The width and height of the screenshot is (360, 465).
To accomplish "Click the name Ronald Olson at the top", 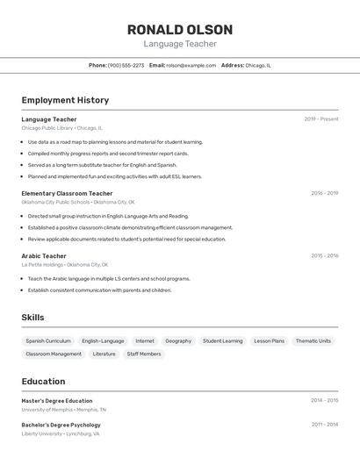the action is coord(180,30).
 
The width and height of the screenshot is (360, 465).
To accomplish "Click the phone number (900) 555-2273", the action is coord(126,65).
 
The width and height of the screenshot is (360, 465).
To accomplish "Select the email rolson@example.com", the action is coord(191,65).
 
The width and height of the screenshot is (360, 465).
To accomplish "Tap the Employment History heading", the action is coord(65,100).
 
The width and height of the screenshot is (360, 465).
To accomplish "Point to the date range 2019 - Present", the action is coord(321,119).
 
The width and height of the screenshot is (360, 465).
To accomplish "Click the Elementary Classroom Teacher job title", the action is coord(67,193).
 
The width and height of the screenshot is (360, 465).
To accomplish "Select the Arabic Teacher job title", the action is coord(44,256).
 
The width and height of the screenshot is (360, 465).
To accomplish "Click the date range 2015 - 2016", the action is coord(324,256).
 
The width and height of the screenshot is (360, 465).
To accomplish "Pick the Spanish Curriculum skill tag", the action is coord(48,340).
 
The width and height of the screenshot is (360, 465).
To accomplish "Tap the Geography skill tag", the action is coord(178,340).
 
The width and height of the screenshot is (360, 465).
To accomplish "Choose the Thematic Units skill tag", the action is coord(313,340).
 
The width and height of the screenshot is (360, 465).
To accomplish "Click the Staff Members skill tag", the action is coord(144,354).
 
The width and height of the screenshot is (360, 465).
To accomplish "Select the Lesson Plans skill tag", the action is coord(270,340).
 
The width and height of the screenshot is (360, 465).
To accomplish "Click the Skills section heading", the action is coord(32,318).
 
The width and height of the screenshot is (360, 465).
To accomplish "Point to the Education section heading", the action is coord(43,382).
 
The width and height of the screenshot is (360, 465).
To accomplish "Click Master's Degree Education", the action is coord(57,401).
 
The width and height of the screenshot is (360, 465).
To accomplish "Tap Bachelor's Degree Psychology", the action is coord(61,425).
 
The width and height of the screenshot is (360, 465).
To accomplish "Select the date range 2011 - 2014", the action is coord(324,425).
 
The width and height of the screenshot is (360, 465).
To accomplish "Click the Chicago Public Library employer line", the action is coord(61,128).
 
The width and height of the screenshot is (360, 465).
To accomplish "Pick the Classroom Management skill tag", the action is coord(54,354).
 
